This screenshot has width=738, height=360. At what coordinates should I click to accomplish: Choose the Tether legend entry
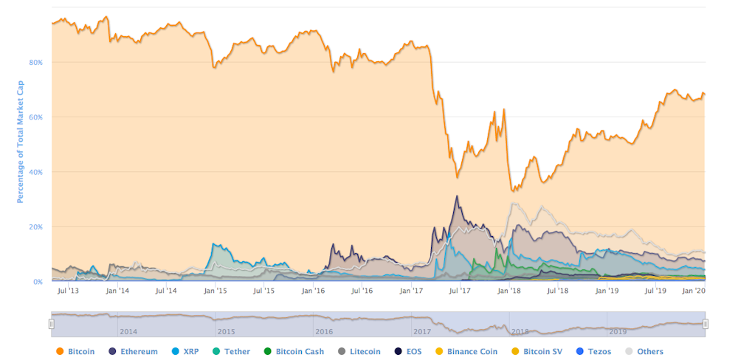[x=232, y=352]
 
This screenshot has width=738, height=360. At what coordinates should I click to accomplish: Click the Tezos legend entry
[x=593, y=352]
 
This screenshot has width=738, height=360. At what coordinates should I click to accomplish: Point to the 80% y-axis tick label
[x=36, y=62]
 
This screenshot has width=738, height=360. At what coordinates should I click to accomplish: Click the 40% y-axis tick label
[x=36, y=172]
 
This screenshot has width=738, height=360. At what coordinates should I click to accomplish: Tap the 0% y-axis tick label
[x=38, y=282]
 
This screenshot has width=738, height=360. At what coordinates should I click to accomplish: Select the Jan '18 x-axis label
[x=508, y=291]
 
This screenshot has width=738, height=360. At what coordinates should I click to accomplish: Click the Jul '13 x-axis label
[x=69, y=291]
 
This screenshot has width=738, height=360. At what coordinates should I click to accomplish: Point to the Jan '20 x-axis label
[x=692, y=291]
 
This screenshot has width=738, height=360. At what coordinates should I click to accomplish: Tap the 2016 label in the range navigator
[x=323, y=332]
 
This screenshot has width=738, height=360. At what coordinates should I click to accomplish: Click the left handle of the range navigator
[x=52, y=324]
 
